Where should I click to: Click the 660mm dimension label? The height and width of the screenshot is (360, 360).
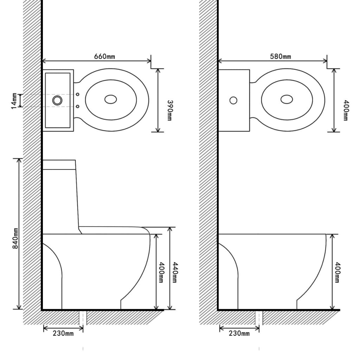[x=104, y=56]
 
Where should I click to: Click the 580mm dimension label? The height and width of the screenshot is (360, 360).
[x=280, y=56]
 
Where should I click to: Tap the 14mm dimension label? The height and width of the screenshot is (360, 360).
[x=13, y=101]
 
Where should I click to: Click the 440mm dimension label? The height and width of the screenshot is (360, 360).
[x=175, y=273]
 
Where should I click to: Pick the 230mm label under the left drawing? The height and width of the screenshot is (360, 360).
[x=63, y=333]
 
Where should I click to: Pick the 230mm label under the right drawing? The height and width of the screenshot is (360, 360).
[x=239, y=333]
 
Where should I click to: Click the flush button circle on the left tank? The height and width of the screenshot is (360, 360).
[x=57, y=100]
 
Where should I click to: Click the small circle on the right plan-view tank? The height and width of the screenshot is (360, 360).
[x=233, y=100]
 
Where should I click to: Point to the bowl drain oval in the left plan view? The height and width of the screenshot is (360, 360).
[x=111, y=99]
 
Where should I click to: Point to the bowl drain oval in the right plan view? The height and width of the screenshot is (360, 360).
[x=287, y=99]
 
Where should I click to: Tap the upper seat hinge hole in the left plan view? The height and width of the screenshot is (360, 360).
[x=78, y=94]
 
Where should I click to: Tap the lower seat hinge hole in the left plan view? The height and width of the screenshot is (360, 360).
[x=78, y=106]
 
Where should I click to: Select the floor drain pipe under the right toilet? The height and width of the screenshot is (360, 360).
[x=259, y=318]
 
